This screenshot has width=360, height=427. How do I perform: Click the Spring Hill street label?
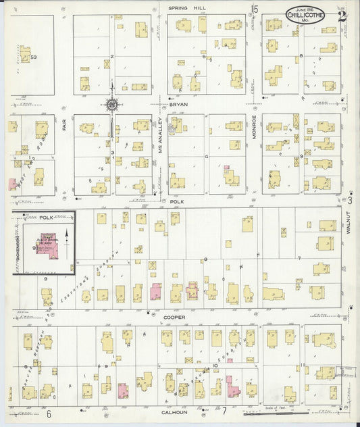pos(187,7)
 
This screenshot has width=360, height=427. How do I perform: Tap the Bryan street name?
pos(178,105)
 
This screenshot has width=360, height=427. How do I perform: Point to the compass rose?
pos(112,104)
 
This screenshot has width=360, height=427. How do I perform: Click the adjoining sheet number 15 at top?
pos(255,9)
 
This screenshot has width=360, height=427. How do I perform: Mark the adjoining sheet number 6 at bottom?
pos(49,413)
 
